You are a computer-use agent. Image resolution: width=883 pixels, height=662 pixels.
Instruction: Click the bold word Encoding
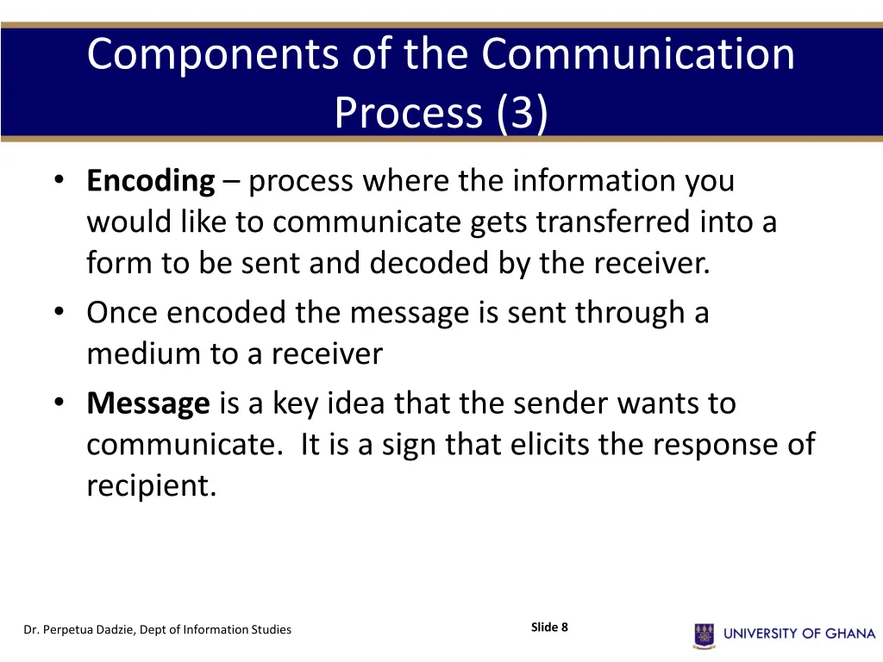150,182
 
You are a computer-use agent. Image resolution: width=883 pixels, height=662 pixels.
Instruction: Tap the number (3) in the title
521,113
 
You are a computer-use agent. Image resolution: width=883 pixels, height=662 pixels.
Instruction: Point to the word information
584,182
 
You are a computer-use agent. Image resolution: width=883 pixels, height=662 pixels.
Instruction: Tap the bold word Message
148,403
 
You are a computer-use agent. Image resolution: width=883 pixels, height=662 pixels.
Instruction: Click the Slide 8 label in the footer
549,628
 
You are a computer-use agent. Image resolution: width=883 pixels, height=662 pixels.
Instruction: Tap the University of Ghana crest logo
704,634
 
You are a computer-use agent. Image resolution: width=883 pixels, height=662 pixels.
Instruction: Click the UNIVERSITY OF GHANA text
799,634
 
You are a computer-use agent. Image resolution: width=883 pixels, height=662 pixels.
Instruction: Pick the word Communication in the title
638,54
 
